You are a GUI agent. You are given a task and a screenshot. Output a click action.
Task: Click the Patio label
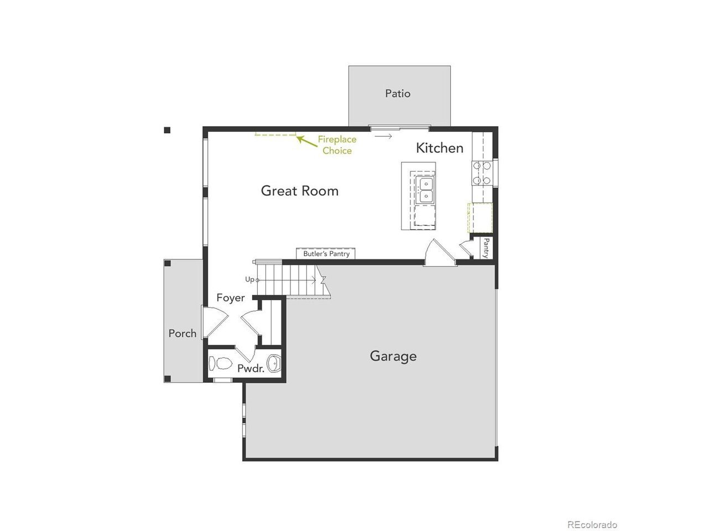point(397,93)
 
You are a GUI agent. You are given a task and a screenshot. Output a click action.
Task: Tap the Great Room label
point(299,190)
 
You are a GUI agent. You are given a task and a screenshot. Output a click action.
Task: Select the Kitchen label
point(439,148)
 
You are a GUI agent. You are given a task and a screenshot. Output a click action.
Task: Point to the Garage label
point(393,356)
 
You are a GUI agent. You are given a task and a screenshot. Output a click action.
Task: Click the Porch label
point(182,333)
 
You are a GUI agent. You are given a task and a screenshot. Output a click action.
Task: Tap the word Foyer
point(230,298)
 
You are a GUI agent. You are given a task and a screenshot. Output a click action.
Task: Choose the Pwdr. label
point(251,368)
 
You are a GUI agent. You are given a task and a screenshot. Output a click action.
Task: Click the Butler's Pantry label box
point(325,253)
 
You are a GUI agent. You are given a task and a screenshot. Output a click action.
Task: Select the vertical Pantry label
point(486,248)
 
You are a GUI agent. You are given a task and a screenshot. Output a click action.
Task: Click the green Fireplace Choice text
point(337,145)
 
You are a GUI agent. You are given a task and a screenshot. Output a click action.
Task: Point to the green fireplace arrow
point(307,142)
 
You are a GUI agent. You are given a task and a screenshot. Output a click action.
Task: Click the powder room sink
point(274,363)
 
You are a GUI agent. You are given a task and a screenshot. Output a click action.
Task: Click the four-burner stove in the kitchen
point(482,173)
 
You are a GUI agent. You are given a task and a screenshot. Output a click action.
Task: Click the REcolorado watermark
point(592,516)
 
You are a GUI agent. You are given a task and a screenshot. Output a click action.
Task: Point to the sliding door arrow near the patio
point(383,137)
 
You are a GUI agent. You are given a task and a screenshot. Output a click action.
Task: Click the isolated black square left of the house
point(167,130)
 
